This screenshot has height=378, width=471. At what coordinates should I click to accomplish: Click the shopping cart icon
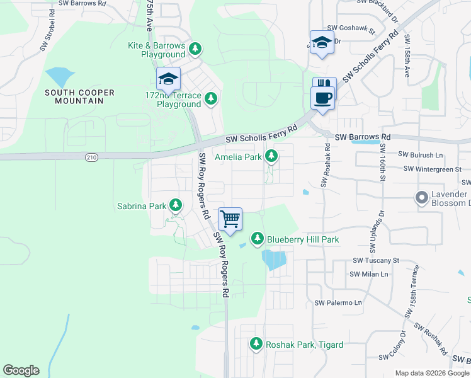click(x=230, y=220)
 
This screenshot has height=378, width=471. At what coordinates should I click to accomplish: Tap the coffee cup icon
click(x=324, y=98)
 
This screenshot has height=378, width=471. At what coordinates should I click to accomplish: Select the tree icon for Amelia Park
click(x=271, y=155)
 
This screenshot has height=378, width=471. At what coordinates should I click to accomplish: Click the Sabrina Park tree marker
click(x=176, y=205)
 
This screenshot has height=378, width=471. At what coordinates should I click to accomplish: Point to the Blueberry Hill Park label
click(x=303, y=239)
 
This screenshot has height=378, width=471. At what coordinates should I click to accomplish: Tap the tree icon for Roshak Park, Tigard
click(x=256, y=343)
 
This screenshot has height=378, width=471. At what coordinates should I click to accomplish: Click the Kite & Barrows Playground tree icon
click(x=195, y=48)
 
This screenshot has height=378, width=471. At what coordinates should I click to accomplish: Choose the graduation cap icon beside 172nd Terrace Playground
click(x=168, y=79)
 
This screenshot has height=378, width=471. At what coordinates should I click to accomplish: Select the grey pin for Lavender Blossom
click(x=421, y=198)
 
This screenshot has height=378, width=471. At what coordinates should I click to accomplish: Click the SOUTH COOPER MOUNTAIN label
click(x=79, y=97)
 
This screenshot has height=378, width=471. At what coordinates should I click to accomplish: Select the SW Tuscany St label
click(x=376, y=260)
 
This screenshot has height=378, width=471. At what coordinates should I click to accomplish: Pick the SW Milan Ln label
click(x=370, y=274)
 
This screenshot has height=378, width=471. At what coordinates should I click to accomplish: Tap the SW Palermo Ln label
click(x=338, y=303)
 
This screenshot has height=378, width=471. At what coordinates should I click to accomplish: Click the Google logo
click(x=21, y=370)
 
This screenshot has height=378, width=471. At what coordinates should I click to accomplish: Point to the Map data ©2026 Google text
click(x=432, y=373)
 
